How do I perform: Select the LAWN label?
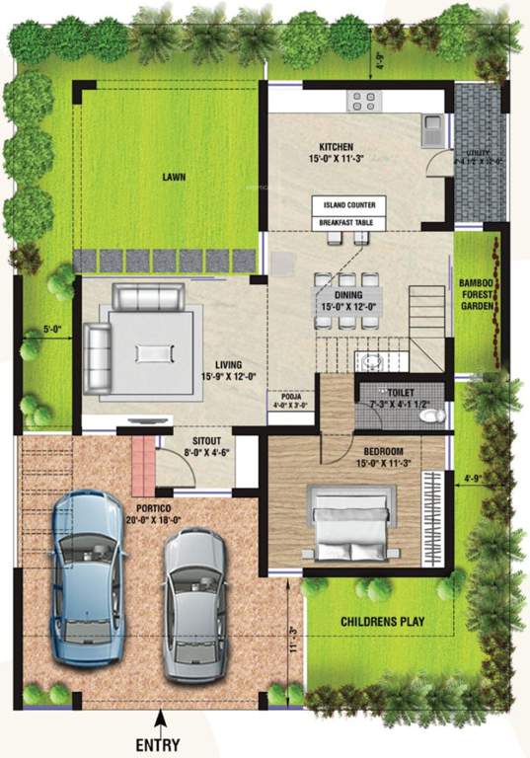coord(175,179)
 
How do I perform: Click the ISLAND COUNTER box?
coord(348,205)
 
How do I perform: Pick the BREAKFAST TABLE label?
coord(348,224)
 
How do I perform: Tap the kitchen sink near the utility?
coord(431,124)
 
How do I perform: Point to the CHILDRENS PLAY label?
coord(382,623)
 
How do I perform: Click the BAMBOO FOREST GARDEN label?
coord(483,295)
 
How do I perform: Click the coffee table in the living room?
coord(154,351)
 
